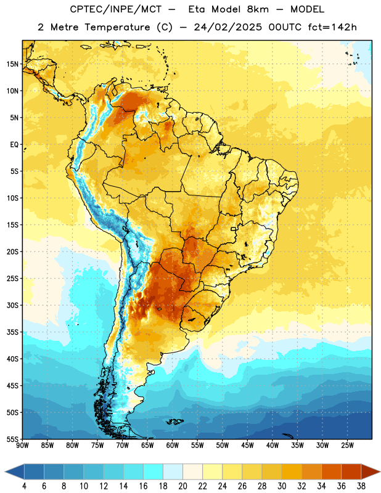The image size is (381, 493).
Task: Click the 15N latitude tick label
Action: [12, 64]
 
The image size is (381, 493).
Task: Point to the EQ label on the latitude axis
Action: [14, 145]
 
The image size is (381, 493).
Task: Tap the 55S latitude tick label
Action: [12, 439]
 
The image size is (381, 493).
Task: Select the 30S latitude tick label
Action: [12, 305]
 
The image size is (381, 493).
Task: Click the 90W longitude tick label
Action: [23, 446]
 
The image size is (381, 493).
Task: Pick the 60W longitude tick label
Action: [173, 446]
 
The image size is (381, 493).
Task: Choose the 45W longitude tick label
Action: [247, 446]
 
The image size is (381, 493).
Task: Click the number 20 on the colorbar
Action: [182, 486]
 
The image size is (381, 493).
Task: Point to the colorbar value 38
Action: [361, 486]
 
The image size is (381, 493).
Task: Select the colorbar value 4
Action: [24, 486]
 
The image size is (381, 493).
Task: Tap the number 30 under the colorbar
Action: [282, 486]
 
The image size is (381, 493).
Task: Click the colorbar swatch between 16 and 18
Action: [153, 472]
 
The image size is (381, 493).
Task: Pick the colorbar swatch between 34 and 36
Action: [331, 472]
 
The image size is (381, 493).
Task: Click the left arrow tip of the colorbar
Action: [5, 472]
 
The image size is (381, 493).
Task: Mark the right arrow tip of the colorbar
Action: [380, 472]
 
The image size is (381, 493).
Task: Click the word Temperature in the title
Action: [117, 27]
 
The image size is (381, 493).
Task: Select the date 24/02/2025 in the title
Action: [227, 27]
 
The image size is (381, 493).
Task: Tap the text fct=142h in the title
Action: [332, 27]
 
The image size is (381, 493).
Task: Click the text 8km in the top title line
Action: [258, 9]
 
